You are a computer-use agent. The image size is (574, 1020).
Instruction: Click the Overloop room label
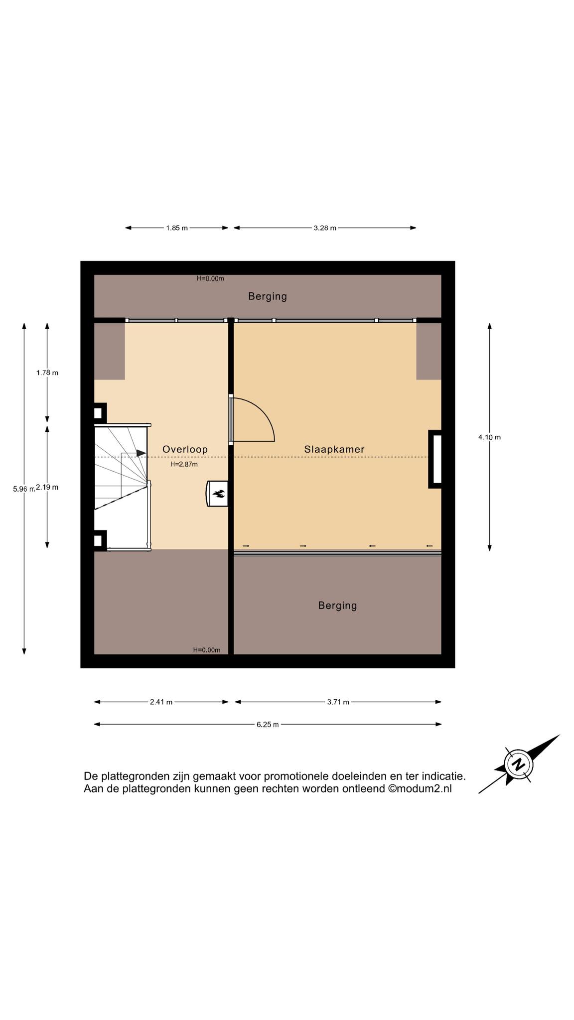tap(185, 449)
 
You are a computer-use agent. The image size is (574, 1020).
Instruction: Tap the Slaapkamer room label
tap(334, 449)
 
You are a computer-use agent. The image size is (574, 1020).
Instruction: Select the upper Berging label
tap(268, 297)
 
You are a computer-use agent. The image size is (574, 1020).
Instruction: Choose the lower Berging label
tap(337, 606)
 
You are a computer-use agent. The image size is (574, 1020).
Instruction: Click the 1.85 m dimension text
tap(177, 228)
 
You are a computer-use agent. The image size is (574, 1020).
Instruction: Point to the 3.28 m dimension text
tap(325, 228)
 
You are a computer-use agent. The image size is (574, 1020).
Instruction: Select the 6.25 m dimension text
tap(268, 725)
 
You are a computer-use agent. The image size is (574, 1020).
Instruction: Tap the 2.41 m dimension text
tap(161, 702)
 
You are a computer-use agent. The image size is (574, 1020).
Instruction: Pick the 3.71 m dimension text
tap(338, 702)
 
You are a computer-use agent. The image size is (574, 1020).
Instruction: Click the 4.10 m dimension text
tap(489, 437)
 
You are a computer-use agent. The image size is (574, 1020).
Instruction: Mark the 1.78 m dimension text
tap(47, 373)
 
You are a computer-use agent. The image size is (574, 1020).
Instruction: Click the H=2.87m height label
tap(184, 464)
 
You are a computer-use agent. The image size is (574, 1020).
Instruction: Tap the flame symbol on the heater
tap(219, 494)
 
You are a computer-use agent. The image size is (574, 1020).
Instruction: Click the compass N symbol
tap(519, 764)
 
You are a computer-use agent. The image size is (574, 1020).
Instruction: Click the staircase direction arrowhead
tap(142, 453)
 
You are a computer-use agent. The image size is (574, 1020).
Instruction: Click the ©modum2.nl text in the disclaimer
tap(420, 789)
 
